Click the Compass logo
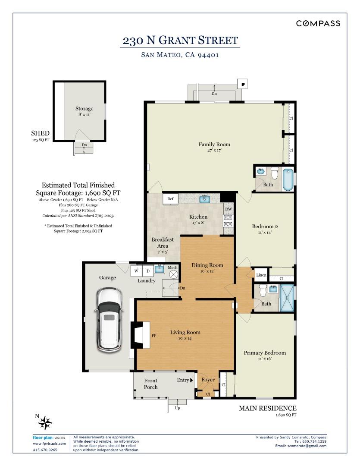pyautogui.click(x=318, y=23)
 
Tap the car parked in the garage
pyautogui.click(x=110, y=320)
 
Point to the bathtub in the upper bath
pyautogui.click(x=288, y=179)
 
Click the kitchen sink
pyautogui.click(x=204, y=199)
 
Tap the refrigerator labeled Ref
pyautogui.click(x=170, y=199)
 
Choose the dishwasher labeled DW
pyautogui.click(x=228, y=209)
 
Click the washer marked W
pyautogui.click(x=136, y=271)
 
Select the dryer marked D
pyautogui.click(x=148, y=271)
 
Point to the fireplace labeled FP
pyautogui.click(x=141, y=335)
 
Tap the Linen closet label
pyautogui.click(x=261, y=275)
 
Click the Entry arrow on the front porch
pyautogui.click(x=191, y=380)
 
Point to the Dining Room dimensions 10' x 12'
pyautogui.click(x=207, y=271)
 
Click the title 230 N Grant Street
pyautogui.click(x=180, y=41)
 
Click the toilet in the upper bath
pyautogui.click(x=275, y=173)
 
